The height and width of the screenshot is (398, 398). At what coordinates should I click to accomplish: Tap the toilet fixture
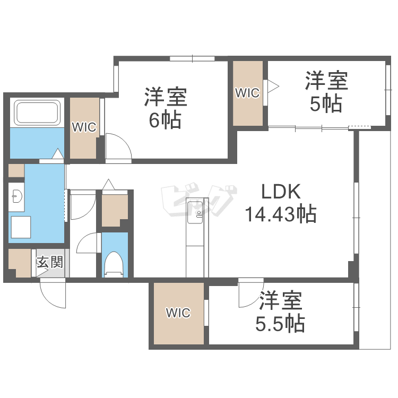click(115, 264)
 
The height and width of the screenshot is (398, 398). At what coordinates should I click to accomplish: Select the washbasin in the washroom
click(15, 197)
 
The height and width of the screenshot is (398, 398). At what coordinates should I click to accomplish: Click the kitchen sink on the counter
click(199, 215)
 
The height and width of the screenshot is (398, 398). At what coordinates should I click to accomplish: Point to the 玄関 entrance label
click(50, 262)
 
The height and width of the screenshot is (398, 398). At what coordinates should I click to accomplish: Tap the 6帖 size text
click(165, 121)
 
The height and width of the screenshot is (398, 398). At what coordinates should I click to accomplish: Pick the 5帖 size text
click(326, 104)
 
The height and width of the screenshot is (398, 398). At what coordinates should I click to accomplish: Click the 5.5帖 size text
click(281, 323)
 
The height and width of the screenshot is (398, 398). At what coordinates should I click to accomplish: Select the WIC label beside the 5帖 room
click(247, 93)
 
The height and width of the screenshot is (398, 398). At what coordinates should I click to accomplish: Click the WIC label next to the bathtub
click(84, 127)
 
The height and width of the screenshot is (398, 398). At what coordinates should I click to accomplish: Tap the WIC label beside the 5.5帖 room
click(178, 313)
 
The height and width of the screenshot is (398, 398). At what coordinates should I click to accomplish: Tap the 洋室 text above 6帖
click(165, 98)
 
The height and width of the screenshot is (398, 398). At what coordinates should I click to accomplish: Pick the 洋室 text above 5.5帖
click(281, 301)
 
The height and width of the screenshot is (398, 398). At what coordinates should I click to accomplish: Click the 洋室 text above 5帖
click(326, 81)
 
